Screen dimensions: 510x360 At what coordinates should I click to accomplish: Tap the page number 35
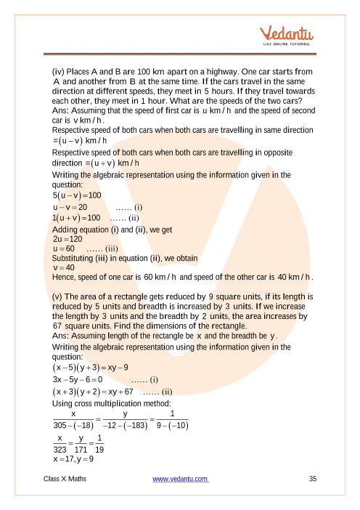(x=313, y=479)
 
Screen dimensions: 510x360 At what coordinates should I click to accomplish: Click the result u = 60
(x=63, y=248)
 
